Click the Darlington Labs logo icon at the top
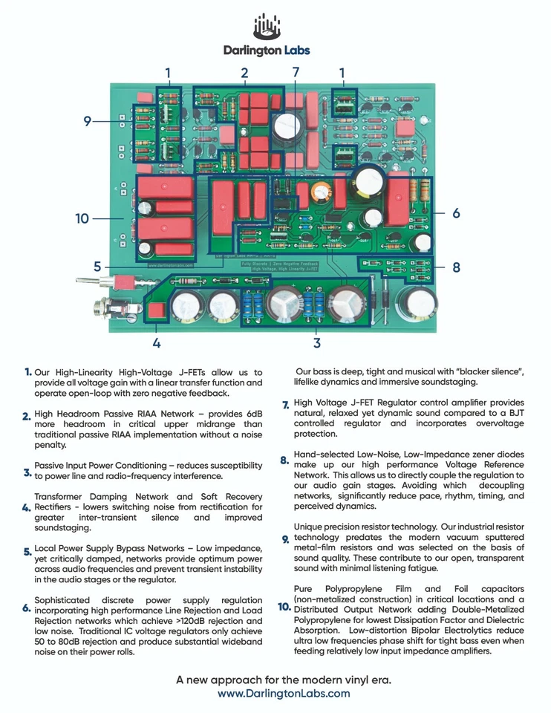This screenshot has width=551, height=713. tap(267, 27)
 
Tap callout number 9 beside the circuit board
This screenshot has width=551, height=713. tap(87, 121)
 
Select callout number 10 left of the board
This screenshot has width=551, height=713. tap(82, 218)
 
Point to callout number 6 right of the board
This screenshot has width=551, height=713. tap(456, 213)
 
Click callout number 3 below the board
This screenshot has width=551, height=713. tap(317, 342)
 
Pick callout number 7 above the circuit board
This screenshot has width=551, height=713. tap(295, 72)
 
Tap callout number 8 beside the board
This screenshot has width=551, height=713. tap(456, 267)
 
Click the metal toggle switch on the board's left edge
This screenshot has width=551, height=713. tap(93, 282)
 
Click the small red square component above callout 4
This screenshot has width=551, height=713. tap(156, 311)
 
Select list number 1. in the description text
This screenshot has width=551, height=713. tap(27, 371)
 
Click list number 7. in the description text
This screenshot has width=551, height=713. tap(285, 405)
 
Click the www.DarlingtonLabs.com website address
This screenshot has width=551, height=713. tap(284, 693)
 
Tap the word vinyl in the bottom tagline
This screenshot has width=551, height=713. tap(335, 680)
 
